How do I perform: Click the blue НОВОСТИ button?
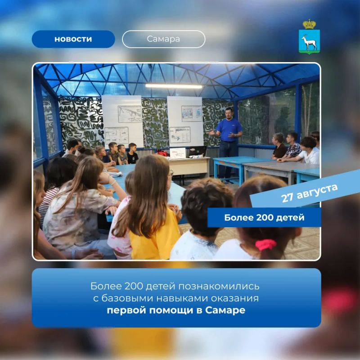coord(73,39)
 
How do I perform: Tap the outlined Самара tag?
coord(163,39)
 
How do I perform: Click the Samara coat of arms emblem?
coord(309,37)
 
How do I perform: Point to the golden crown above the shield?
coord(309,24)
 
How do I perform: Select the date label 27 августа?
coord(309,193)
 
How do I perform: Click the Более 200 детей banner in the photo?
coord(264,217)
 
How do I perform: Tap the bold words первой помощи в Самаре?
coord(176,310)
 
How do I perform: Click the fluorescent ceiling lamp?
coord(174,86)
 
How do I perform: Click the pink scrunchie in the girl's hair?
coord(265,245)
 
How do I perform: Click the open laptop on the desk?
coord(198,151)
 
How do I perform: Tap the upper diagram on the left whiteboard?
coord(130,114)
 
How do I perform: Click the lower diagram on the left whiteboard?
coord(117,136)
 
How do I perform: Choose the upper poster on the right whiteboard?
coord(192,113)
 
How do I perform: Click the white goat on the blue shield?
coord(309,43)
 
